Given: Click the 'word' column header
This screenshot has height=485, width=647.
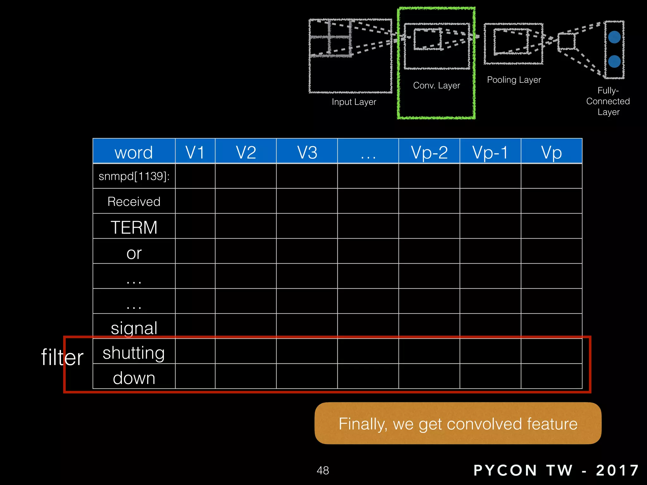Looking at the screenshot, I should tap(134, 152).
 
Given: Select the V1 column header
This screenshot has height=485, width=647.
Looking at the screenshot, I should tap(195, 152).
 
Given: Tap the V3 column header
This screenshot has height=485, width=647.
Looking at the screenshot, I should tap(307, 152).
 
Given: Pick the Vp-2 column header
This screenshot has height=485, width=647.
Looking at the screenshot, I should tap(429, 152).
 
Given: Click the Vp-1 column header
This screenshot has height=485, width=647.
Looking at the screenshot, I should tap(490, 152).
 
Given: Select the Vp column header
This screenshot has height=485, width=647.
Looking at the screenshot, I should tap(551, 152).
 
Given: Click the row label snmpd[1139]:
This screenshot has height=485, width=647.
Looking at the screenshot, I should tap(134, 176).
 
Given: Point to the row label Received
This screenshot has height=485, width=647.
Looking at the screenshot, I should tap(134, 201).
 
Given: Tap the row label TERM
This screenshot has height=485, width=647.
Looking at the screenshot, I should tap(134, 227).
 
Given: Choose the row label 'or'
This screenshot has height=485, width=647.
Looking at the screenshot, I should tap(134, 253).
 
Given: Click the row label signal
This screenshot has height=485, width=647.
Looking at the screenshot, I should tap(134, 328).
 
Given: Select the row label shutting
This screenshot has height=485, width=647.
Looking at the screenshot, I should tap(134, 353).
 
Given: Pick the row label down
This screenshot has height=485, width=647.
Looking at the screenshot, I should tap(134, 378).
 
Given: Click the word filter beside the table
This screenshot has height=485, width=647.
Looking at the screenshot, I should tap(62, 357).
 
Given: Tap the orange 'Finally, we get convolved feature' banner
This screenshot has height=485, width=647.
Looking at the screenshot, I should tap(458, 423).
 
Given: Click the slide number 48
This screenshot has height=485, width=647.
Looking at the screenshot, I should tap(323, 470).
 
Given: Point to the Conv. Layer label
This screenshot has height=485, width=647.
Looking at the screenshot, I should tap(436, 85).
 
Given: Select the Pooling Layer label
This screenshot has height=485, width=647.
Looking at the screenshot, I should tap(514, 80).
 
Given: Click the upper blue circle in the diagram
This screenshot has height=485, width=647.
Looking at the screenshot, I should tap(614, 37).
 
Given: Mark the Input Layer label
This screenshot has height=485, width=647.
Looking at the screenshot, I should tap(354, 102).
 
